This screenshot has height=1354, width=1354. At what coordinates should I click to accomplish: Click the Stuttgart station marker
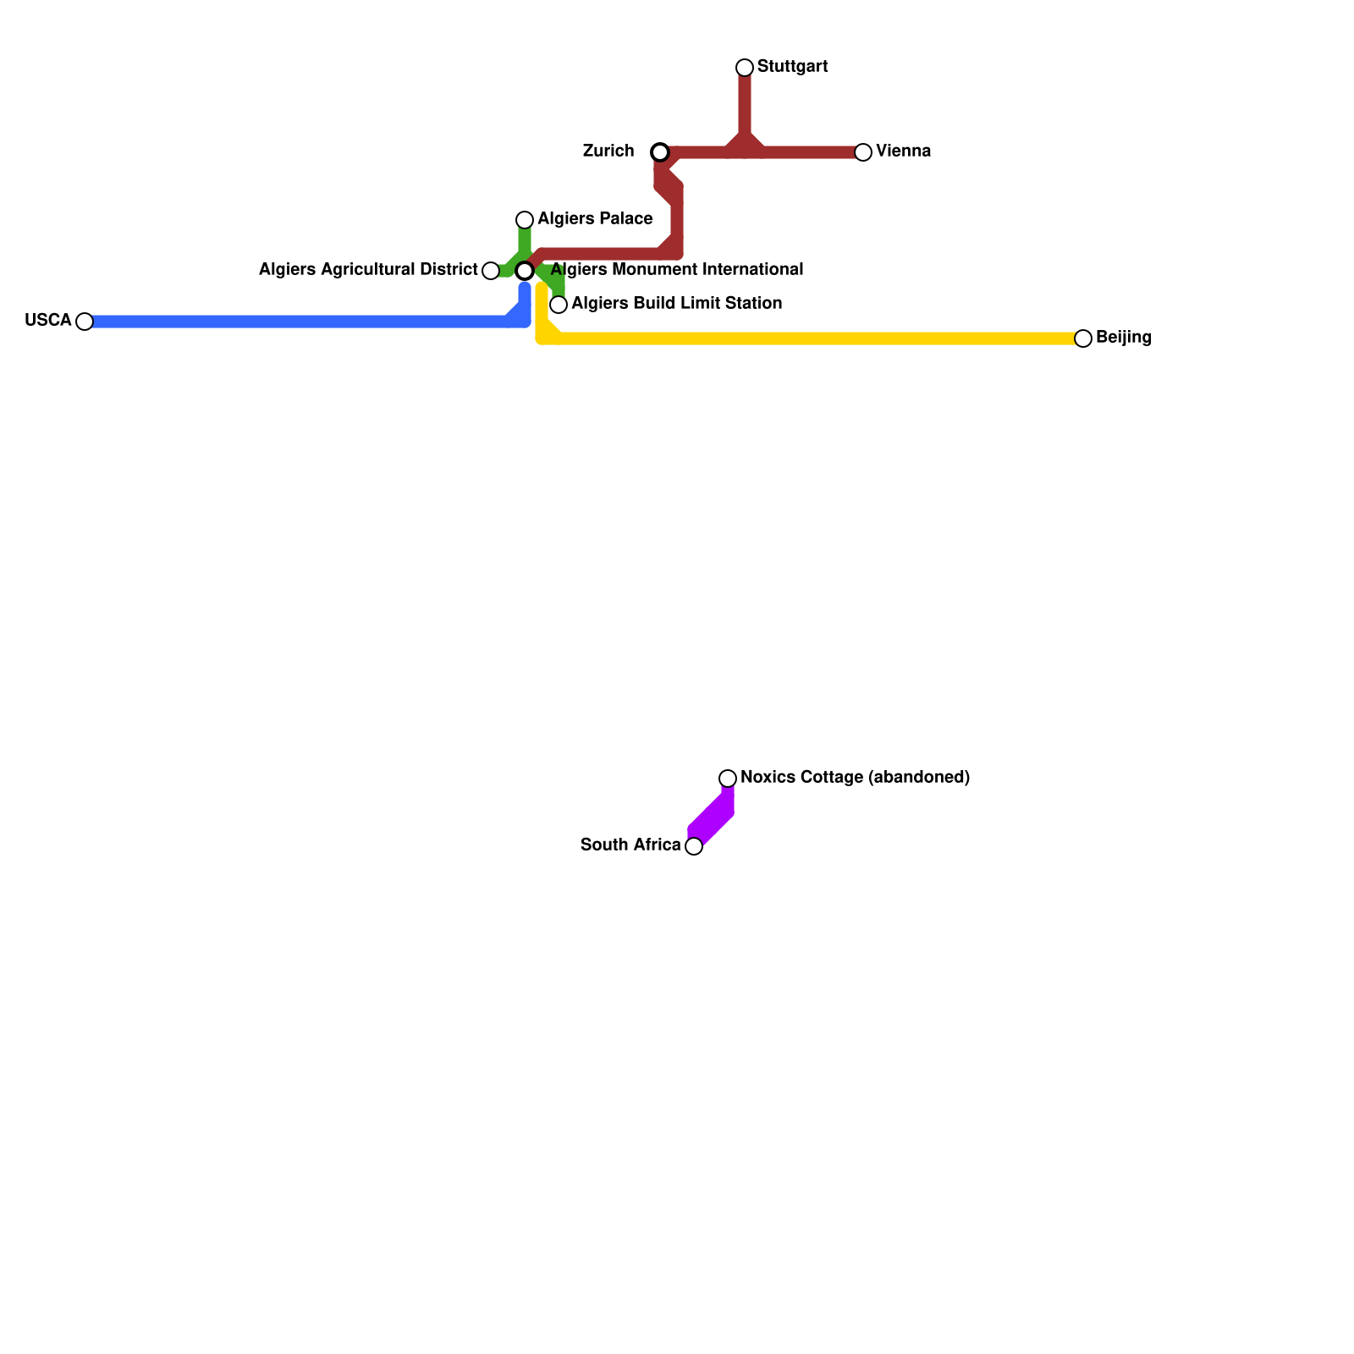coord(745,68)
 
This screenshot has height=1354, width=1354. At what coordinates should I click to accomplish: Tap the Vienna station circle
coord(863,152)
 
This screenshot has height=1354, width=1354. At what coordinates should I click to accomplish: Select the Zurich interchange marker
coord(660,152)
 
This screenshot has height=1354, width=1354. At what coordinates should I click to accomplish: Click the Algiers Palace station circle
coord(525,220)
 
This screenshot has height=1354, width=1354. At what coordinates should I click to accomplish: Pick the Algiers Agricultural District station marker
coord(491,271)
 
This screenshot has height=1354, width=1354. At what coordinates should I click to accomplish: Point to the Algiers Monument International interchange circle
coord(525,271)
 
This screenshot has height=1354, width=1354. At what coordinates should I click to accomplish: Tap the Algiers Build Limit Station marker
coord(559,305)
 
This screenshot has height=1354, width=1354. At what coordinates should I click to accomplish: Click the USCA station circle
coord(85,322)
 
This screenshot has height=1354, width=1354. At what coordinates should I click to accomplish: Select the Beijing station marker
coord(1083,338)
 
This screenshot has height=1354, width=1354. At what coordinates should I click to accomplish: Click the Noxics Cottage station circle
coord(728,779)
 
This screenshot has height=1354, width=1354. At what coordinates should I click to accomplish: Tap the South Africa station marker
coord(694,846)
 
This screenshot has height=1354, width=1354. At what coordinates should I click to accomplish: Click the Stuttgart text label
coord(792,67)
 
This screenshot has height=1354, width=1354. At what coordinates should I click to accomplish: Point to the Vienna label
coord(903,151)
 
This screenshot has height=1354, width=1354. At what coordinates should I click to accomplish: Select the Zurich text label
coord(608,151)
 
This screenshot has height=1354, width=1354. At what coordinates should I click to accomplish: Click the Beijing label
coord(1123,338)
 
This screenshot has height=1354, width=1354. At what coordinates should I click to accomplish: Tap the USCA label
coord(48,321)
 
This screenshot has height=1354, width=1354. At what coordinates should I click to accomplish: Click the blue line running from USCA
coord(296,322)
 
